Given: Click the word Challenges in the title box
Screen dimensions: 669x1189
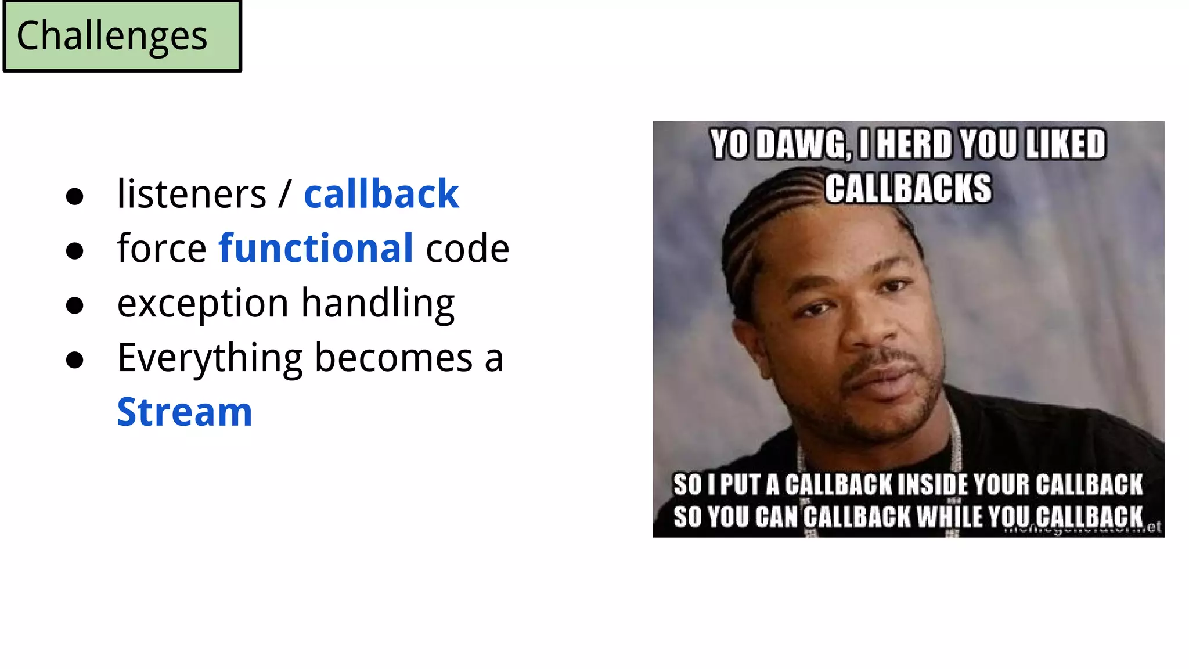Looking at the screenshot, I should click(x=111, y=36).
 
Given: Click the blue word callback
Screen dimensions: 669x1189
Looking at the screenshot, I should click(x=381, y=194).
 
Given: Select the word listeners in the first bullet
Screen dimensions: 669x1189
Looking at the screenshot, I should click(x=192, y=194).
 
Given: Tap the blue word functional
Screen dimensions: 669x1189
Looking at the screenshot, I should click(x=316, y=249).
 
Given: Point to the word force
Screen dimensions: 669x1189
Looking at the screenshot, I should click(x=161, y=249).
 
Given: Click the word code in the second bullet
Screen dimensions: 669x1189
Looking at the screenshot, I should click(x=467, y=249).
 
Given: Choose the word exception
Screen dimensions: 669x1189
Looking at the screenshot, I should click(x=203, y=304).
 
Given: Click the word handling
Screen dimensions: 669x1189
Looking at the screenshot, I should click(x=377, y=304).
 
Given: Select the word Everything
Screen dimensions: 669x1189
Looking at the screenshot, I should click(x=210, y=358).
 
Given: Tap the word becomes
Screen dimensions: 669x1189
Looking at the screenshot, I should click(x=394, y=358).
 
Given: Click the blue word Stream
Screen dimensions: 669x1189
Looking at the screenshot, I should click(x=185, y=412).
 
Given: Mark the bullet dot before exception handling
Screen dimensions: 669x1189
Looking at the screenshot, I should click(x=74, y=305).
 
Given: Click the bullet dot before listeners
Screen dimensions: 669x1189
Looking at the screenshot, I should click(x=74, y=196).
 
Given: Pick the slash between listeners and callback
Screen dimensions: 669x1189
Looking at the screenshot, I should click(x=284, y=194).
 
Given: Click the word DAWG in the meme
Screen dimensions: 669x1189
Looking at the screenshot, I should click(x=804, y=145).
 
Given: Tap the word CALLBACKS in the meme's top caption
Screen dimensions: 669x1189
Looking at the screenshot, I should click(x=909, y=189).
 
